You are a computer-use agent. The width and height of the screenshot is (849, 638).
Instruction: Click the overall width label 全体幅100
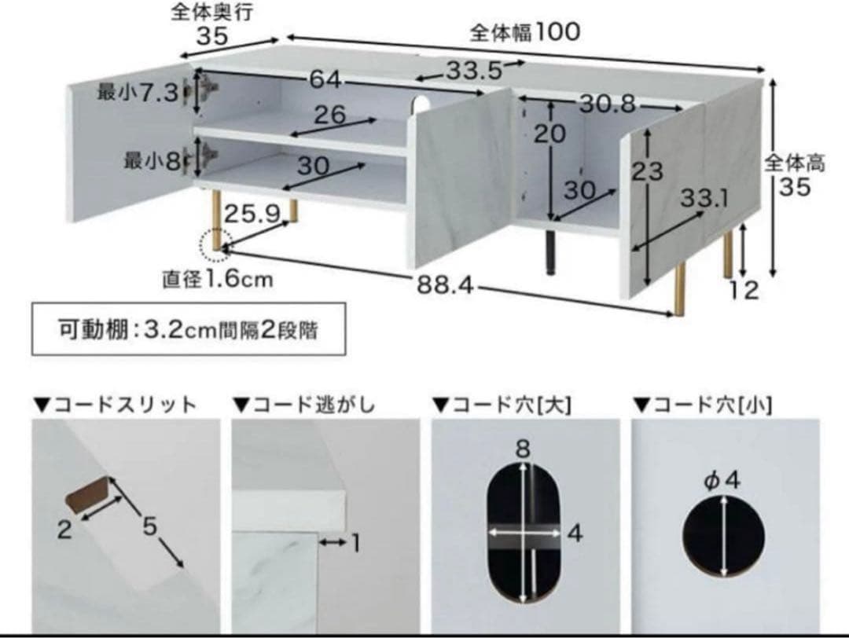(524, 32)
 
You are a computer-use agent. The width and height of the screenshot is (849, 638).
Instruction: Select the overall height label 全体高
(794, 163)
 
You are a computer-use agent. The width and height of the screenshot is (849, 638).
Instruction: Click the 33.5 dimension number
(474, 71)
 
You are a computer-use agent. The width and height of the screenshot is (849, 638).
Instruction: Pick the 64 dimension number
(324, 79)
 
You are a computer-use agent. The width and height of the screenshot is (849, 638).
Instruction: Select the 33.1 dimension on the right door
(704, 199)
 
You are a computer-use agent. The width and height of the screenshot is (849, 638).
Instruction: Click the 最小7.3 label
(138, 93)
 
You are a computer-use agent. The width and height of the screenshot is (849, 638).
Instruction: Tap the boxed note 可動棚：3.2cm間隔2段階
(188, 330)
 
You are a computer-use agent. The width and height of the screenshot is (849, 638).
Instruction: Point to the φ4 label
(722, 479)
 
